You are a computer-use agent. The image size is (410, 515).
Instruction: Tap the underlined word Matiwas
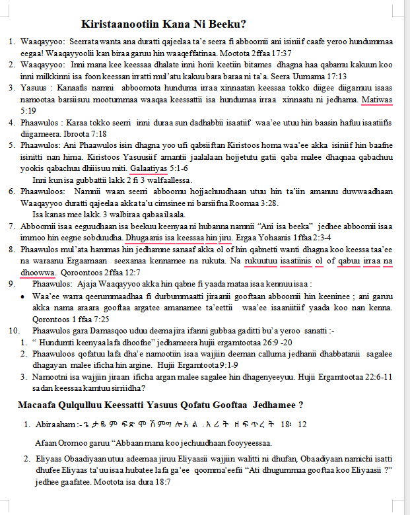376,100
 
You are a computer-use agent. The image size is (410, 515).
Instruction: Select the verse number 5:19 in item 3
28,111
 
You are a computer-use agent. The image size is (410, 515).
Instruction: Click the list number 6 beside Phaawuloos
11,191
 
